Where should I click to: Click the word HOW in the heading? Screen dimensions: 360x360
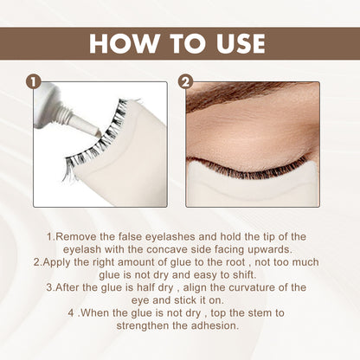click(x=125, y=43)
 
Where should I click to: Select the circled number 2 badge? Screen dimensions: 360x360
click(x=186, y=83)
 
